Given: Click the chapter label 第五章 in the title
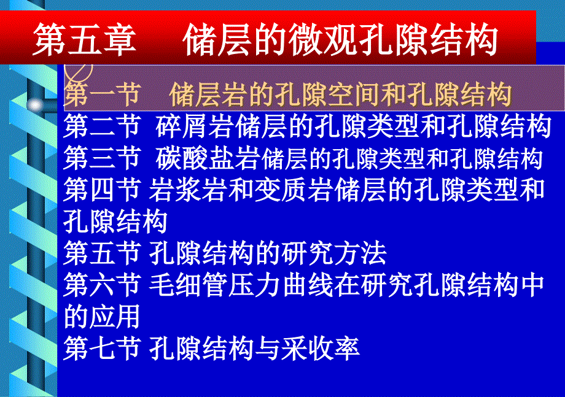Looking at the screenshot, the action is click(85, 39).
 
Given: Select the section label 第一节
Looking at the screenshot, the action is click(102, 94).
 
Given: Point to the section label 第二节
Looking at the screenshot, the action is click(102, 126).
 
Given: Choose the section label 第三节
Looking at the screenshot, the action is click(102, 158).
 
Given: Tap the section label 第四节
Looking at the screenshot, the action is click(102, 190).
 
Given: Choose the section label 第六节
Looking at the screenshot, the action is click(102, 285).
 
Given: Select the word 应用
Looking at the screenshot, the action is click(115, 317).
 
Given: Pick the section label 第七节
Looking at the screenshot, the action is click(102, 348).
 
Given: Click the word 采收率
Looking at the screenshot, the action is click(321, 348).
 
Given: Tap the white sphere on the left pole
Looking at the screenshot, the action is click(36, 105).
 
